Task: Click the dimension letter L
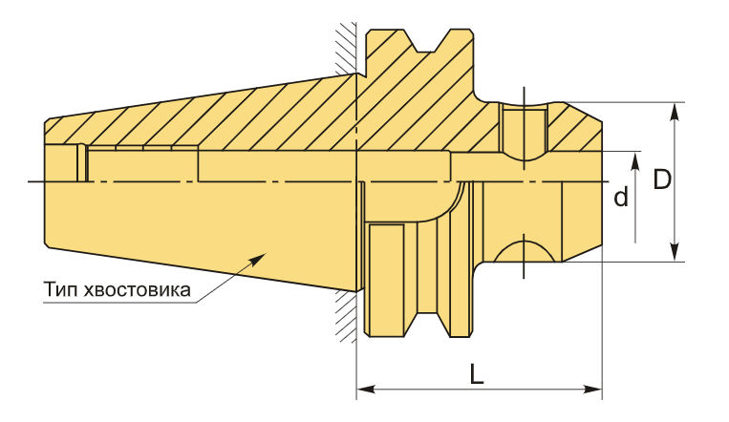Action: pos(477,373)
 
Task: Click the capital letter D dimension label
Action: pos(662,179)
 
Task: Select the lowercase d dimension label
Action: pos(621,197)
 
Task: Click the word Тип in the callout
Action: pos(60,289)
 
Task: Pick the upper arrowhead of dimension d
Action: pos(635,160)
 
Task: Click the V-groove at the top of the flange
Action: pos(426,41)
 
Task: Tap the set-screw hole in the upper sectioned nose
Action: pos(524,132)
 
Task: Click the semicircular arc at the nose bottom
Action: pos(524,251)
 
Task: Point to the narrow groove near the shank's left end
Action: pos(82,163)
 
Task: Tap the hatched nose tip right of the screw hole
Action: pos(573,128)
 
